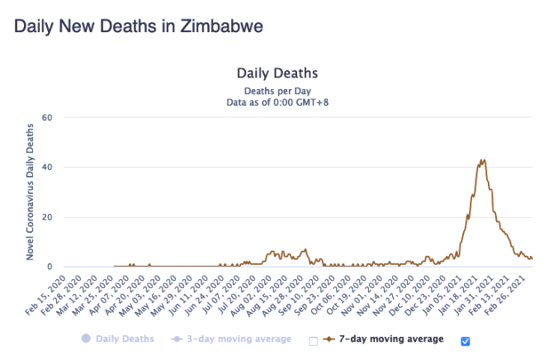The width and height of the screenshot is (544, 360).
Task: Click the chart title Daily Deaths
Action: coord(277,74)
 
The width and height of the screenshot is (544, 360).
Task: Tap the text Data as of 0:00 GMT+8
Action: coord(277,102)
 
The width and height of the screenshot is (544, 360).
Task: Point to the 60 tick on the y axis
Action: coord(47,117)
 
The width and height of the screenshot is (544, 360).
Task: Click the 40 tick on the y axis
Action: coord(47,168)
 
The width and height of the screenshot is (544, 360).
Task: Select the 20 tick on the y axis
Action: coord(47,217)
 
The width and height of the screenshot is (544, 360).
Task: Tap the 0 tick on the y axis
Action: coord(50,267)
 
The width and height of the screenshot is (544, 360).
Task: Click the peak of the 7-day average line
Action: coord(482,160)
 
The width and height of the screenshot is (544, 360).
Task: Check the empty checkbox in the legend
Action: coord(313,340)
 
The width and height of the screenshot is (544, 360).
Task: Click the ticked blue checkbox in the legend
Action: coord(466,340)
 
